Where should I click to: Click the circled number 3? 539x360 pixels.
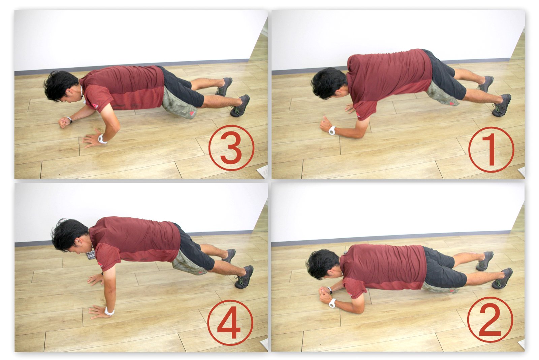(231, 148)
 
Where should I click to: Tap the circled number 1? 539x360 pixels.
(491, 150)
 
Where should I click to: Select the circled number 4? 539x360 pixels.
(230, 323)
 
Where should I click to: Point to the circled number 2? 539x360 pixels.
(490, 320)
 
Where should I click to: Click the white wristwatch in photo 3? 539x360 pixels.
(102, 139)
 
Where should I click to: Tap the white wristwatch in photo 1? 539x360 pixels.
(332, 130)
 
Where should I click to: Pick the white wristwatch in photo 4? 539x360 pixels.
(109, 311)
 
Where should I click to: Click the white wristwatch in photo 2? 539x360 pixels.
(332, 303)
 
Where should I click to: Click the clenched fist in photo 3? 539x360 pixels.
(64, 122)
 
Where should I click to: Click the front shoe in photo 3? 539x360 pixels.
(240, 106)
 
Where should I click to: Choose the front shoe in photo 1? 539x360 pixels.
(502, 105)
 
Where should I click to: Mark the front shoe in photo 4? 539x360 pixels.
(244, 277)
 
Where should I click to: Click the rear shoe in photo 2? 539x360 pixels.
(485, 261)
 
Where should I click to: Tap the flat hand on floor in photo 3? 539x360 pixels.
(91, 141)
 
